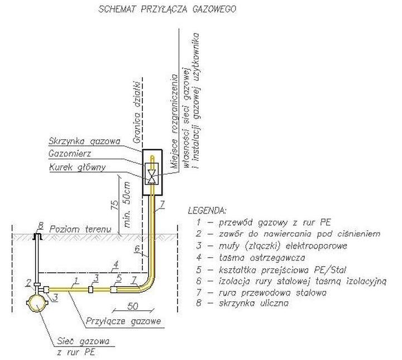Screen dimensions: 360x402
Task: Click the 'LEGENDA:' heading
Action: click(x=207, y=211)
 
